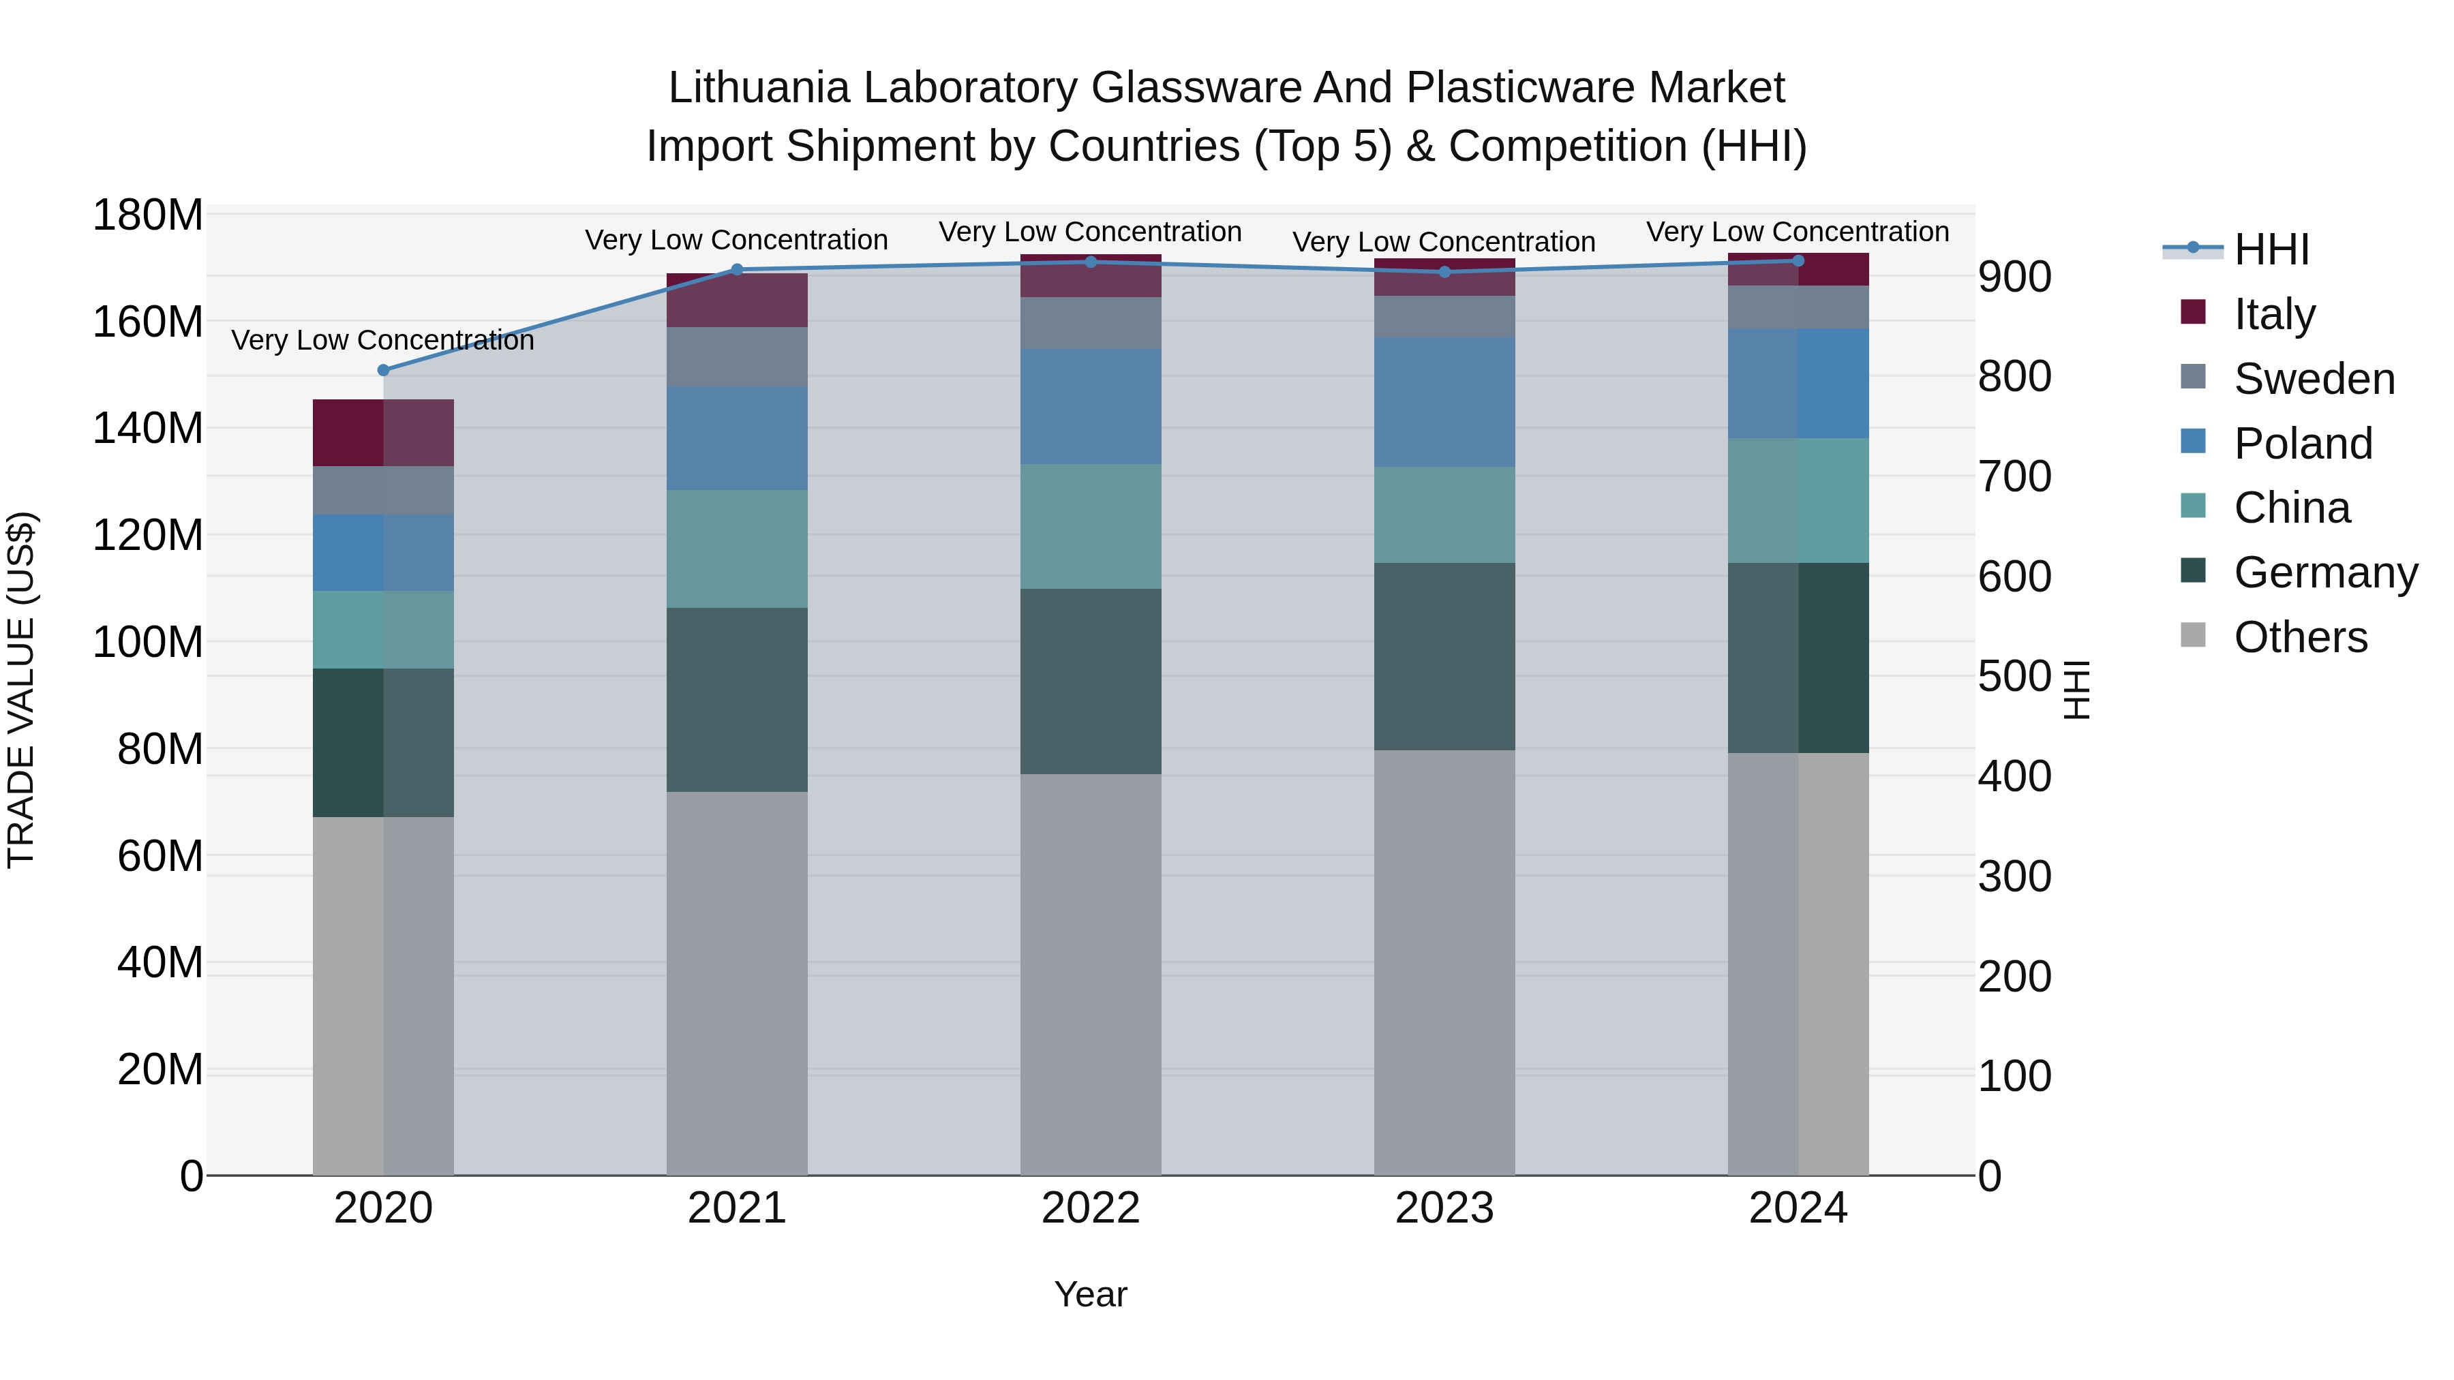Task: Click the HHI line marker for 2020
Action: click(383, 371)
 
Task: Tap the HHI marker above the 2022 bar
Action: click(1091, 262)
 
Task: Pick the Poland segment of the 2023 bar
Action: click(1444, 402)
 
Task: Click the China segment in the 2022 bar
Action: click(1091, 527)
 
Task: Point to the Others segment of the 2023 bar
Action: click(1444, 962)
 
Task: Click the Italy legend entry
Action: click(2274, 314)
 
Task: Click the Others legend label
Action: click(2301, 637)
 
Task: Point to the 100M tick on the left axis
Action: click(148, 643)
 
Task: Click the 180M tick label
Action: click(148, 215)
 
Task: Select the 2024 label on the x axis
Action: click(1798, 1208)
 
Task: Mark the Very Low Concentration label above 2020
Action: click(383, 340)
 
